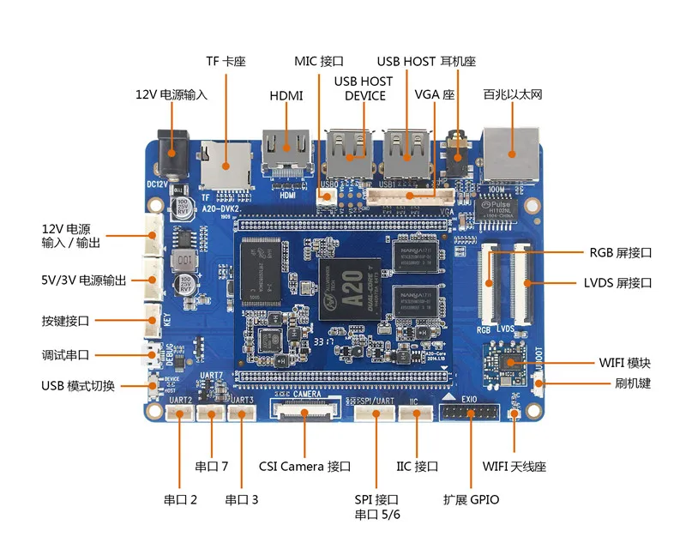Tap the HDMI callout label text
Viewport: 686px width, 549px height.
pos(286,96)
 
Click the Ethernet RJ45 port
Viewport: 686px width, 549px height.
pos(511,154)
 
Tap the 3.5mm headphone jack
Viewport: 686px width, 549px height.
pos(457,151)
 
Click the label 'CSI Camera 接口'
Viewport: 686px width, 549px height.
pos(304,467)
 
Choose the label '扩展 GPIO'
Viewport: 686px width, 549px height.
pos(471,499)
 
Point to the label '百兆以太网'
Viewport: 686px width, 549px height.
pos(513,94)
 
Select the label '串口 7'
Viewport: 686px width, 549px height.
pos(211,467)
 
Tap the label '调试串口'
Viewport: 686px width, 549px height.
pos(65,354)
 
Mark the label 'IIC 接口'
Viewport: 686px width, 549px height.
pos(418,467)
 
